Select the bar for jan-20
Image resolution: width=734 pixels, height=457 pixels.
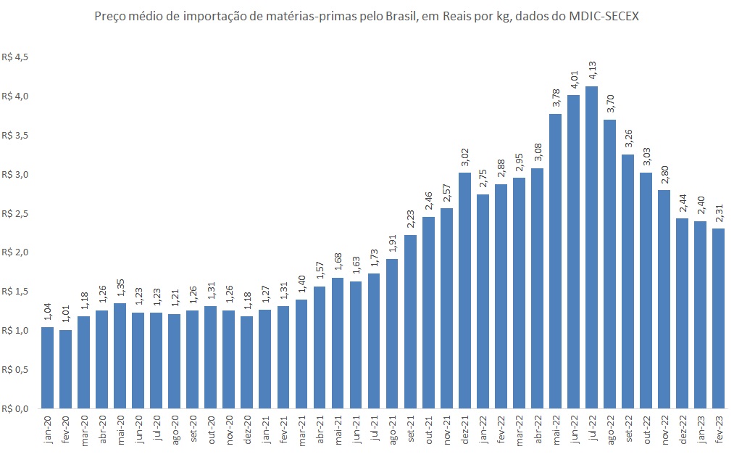(48, 367)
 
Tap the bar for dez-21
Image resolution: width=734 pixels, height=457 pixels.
(464, 290)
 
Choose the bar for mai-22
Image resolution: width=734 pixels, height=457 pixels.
(556, 261)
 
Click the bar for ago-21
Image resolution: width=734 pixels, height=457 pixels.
(392, 334)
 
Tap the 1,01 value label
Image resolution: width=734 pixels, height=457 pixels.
(66, 314)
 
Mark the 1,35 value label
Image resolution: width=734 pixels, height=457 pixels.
(120, 287)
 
